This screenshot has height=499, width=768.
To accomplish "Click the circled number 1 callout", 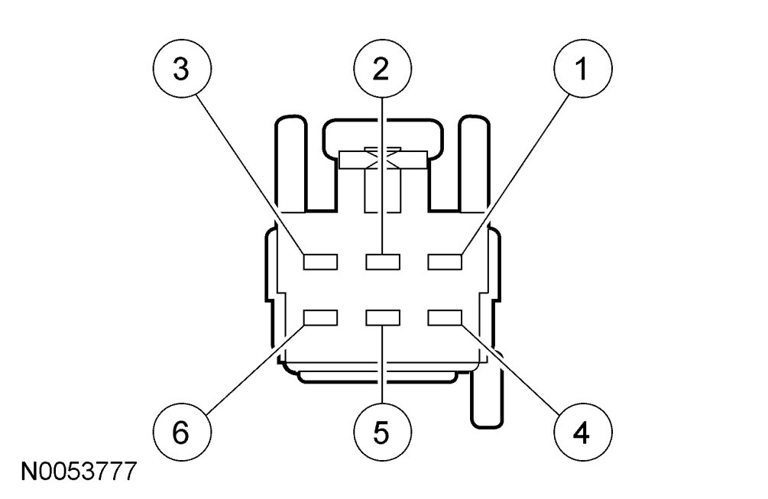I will click(x=582, y=70).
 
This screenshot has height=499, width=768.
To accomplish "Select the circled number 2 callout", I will click(x=381, y=70).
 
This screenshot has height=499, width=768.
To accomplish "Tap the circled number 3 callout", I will click(x=180, y=70).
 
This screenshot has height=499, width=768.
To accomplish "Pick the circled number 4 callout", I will click(x=582, y=433).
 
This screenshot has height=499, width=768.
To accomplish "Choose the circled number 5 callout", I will click(x=381, y=433).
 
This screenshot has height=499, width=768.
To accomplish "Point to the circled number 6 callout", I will click(x=180, y=433).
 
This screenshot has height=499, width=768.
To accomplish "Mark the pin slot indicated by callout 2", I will click(x=383, y=262).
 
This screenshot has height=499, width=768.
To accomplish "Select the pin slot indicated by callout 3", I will click(x=320, y=262).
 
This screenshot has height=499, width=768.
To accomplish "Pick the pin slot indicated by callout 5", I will click(x=383, y=317).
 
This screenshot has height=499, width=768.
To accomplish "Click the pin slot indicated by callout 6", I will click(x=320, y=317).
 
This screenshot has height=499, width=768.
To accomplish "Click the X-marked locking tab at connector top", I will click(x=381, y=158).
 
